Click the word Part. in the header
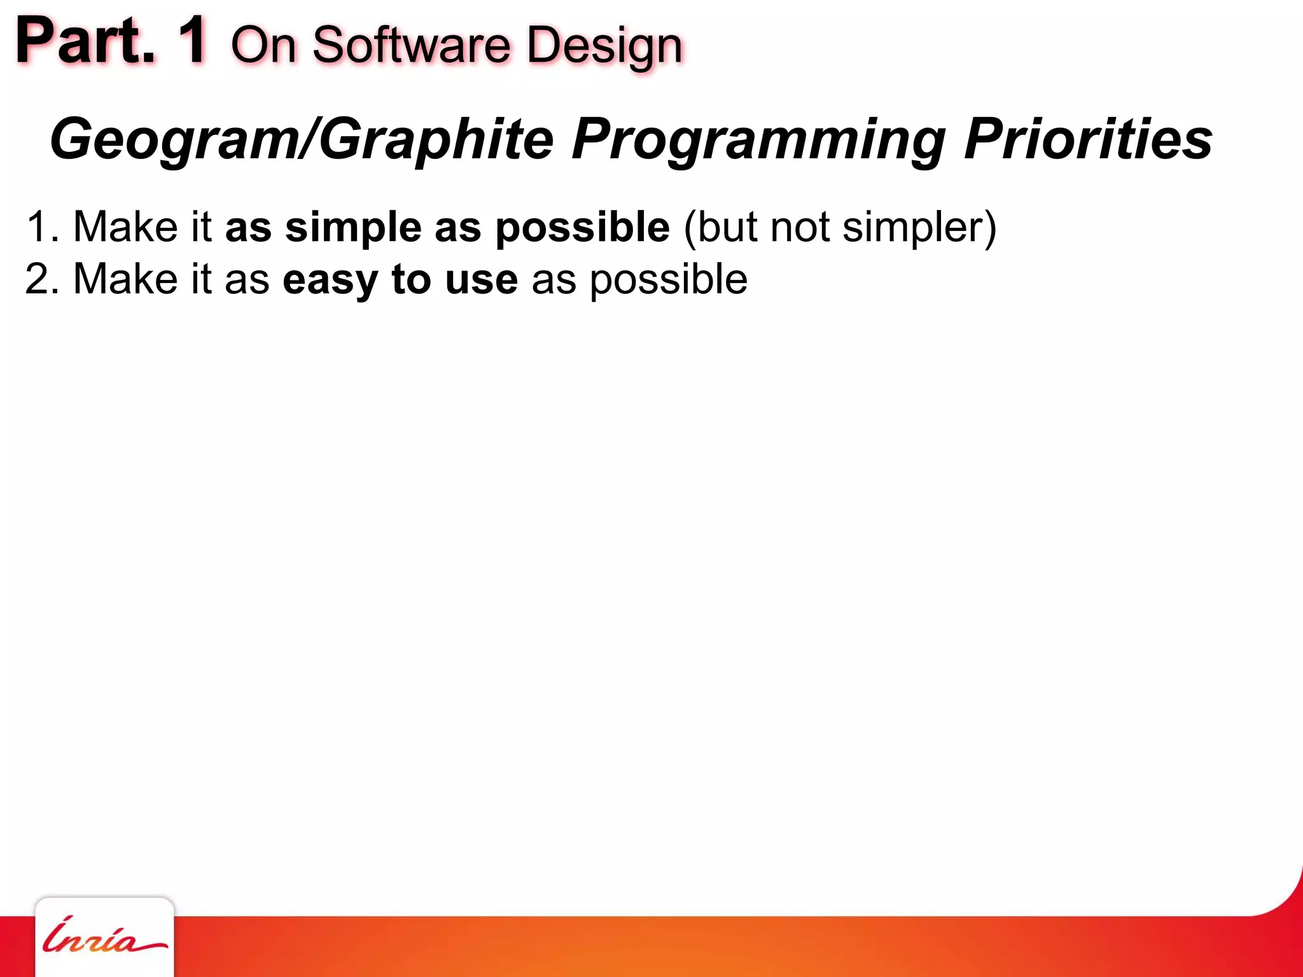[85, 41]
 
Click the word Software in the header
[411, 46]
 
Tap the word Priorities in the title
[1088, 139]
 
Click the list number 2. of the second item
[42, 279]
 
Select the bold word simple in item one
[353, 227]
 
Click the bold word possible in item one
[582, 227]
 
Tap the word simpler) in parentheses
[919, 227]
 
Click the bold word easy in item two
[330, 279]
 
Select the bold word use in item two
[481, 279]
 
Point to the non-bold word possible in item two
[668, 279]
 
